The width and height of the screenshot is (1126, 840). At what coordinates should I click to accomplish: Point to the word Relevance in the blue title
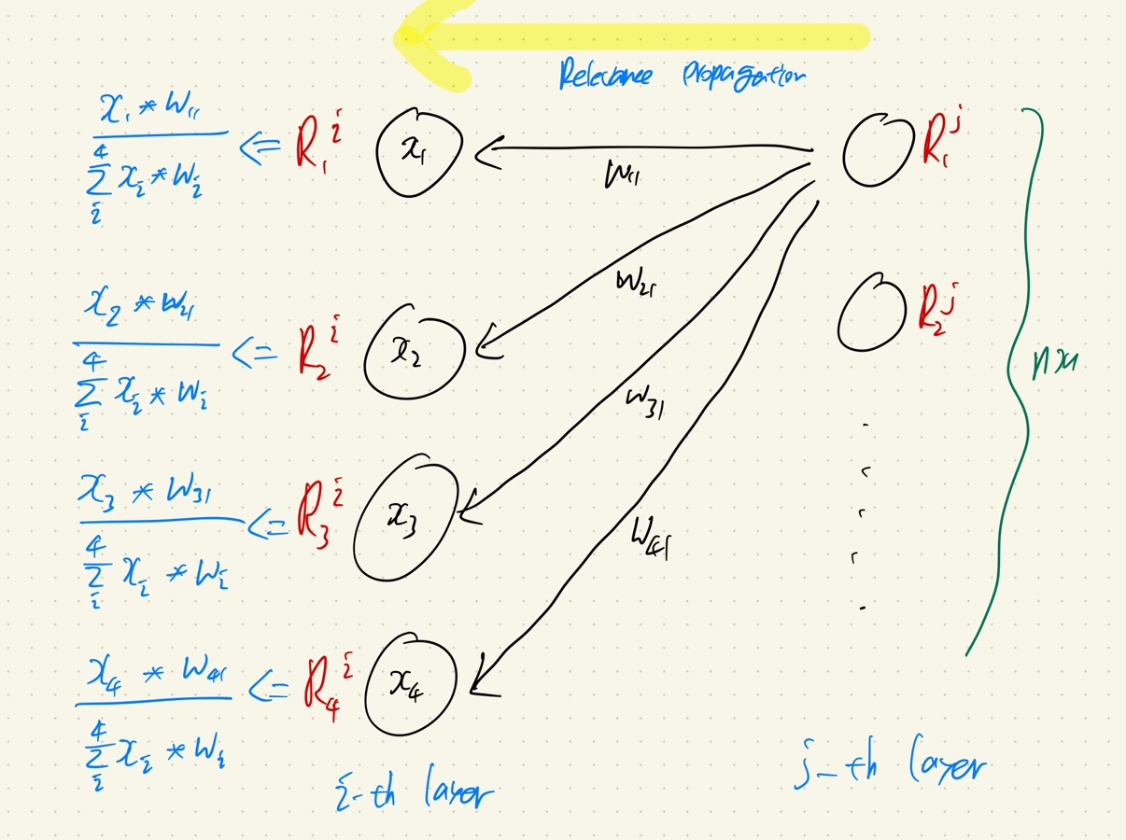point(606,75)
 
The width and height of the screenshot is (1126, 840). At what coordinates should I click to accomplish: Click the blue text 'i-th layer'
point(412,793)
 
